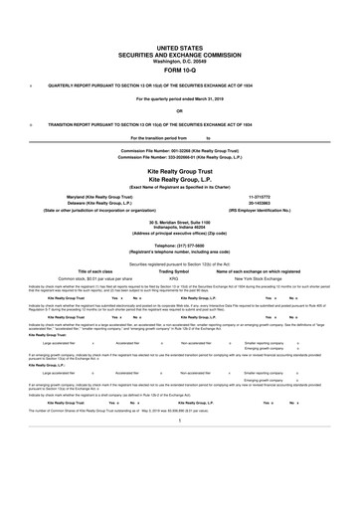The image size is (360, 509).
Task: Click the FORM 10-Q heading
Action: [179, 70]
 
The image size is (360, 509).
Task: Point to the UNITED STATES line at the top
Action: [179, 48]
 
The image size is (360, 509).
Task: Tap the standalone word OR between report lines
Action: [179, 110]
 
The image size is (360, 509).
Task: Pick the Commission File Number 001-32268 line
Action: [179, 151]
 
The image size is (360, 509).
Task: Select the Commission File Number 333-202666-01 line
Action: [179, 158]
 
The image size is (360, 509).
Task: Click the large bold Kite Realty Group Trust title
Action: [179, 171]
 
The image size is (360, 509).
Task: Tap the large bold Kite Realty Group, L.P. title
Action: [179, 181]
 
